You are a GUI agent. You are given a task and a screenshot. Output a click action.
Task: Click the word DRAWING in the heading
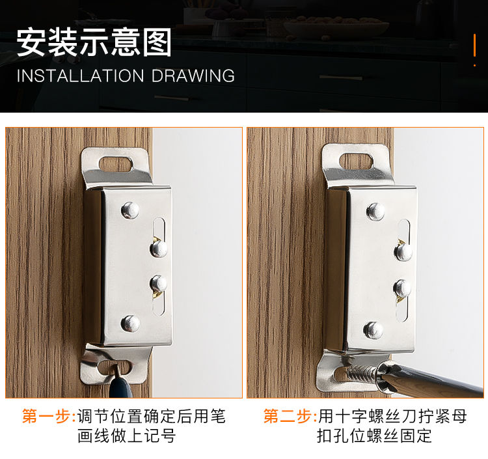pos(193,76)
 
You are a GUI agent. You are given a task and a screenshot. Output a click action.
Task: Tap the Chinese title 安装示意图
pos(94,42)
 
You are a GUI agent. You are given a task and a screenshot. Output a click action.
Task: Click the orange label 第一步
pos(47,416)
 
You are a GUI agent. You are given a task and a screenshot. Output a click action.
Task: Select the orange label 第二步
pos(288,416)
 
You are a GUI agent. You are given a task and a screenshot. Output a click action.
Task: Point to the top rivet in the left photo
pos(130,210)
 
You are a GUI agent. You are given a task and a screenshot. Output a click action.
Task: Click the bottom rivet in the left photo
pos(130,323)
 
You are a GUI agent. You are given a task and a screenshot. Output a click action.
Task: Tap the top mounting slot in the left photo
pos(116,164)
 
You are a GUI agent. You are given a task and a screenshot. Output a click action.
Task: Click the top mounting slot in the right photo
pos(356,161)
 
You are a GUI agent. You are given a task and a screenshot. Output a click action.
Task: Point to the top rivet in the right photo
pos(375,212)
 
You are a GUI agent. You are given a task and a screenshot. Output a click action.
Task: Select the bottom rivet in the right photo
pos(373,330)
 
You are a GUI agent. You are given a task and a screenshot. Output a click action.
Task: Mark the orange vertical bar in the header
pos(474,46)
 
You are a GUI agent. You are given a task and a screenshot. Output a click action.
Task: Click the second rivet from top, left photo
pos(158,249)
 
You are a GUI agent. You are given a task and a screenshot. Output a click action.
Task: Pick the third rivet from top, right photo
pos(402,288)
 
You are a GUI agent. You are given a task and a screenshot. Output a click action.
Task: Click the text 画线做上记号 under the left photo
pos(127,436)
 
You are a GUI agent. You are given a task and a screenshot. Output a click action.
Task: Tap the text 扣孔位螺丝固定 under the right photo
pos(374,436)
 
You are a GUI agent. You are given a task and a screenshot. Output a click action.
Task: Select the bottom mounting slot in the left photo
pos(115,367)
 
